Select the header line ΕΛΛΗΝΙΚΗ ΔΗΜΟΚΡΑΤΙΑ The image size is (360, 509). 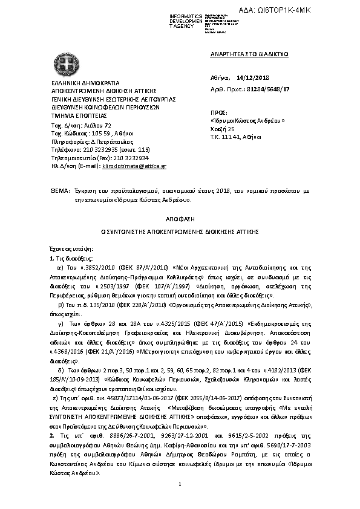tap(77, 83)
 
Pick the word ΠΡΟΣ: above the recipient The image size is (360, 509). tap(219, 112)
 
